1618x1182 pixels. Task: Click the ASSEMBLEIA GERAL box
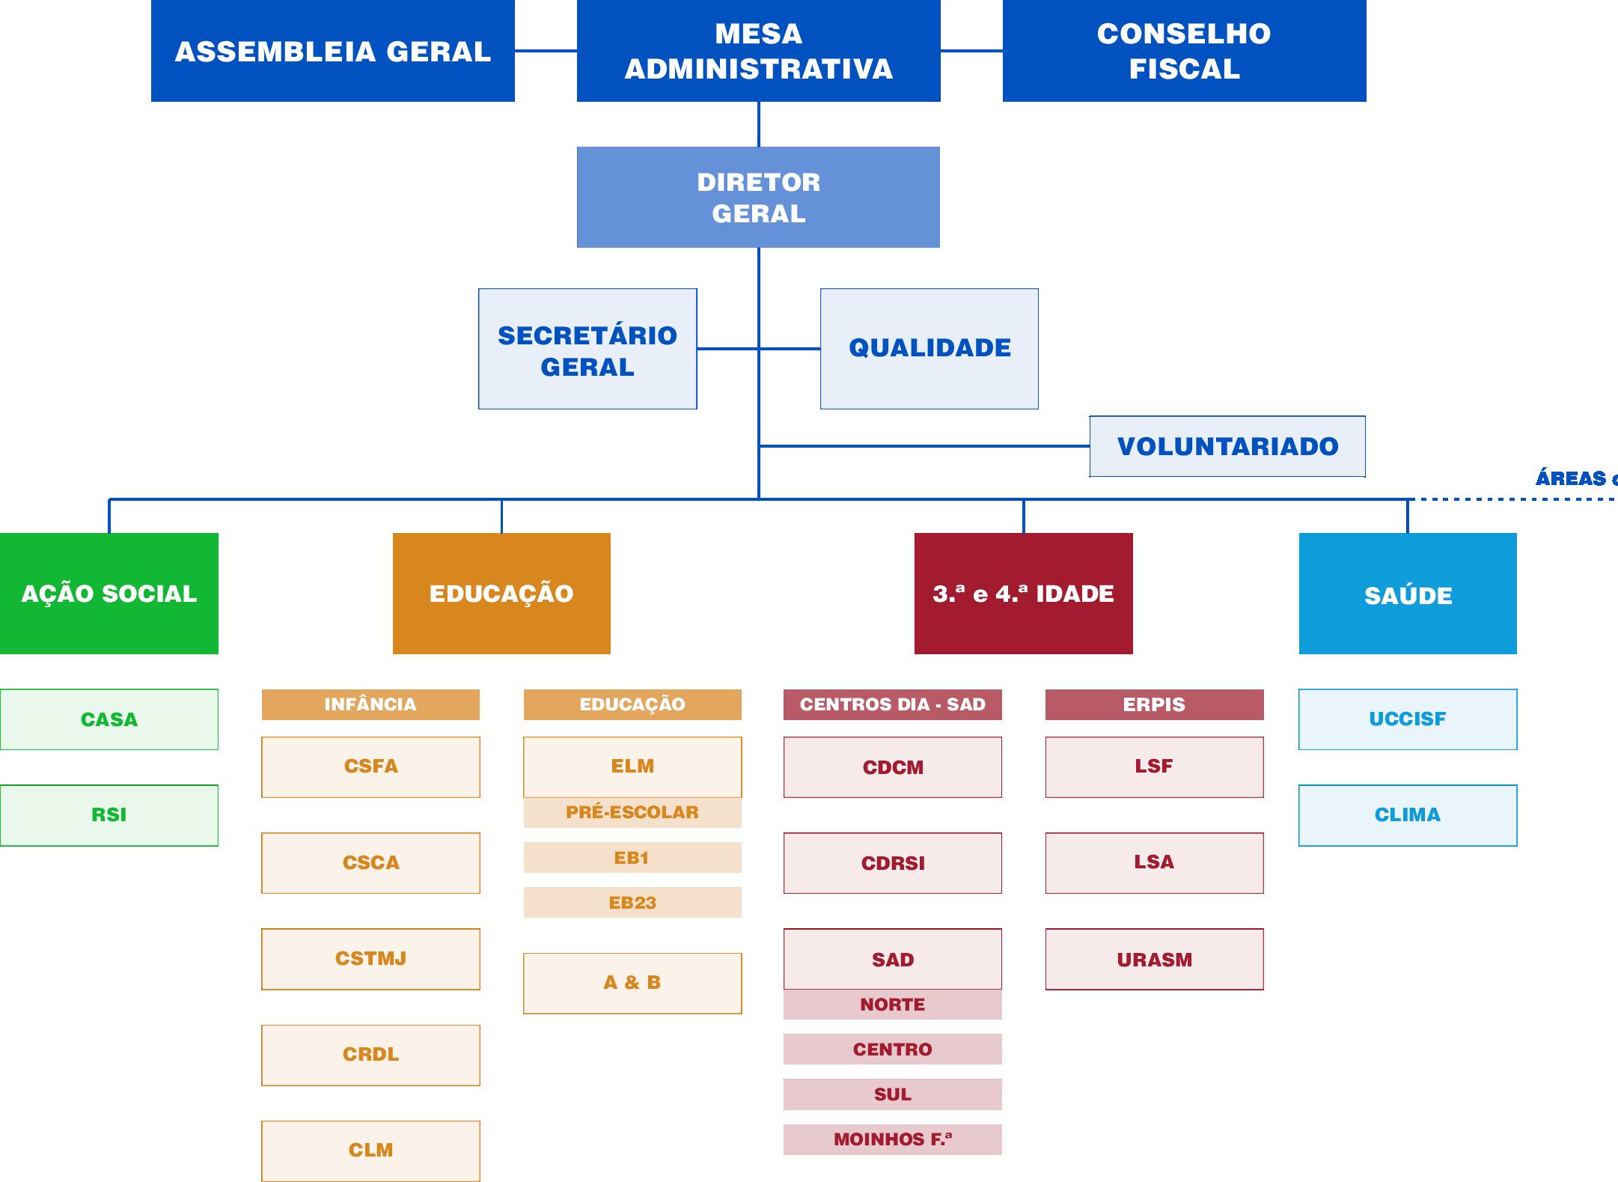(332, 51)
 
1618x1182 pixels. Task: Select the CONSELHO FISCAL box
(1184, 51)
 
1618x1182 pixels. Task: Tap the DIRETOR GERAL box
(758, 197)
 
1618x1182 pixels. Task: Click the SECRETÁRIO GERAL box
(587, 349)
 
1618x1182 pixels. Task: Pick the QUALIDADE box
(929, 349)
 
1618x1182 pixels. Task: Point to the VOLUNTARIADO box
(1227, 446)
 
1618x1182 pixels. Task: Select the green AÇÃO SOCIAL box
(109, 594)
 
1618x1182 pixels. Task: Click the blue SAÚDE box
(1408, 594)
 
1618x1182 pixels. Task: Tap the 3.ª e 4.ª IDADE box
(1023, 594)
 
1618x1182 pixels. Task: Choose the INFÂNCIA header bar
(370, 704)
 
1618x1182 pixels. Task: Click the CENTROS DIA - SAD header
(892, 704)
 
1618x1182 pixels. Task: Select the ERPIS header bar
(1154, 704)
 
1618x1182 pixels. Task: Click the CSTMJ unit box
(370, 959)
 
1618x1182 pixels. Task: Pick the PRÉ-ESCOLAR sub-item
(632, 812)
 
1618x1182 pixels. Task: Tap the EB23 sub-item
(632, 903)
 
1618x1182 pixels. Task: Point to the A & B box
(632, 983)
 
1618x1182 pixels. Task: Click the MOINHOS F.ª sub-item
(892, 1139)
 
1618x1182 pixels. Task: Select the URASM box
(1154, 960)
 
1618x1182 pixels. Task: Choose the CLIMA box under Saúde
(1408, 815)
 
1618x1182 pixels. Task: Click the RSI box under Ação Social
(109, 815)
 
